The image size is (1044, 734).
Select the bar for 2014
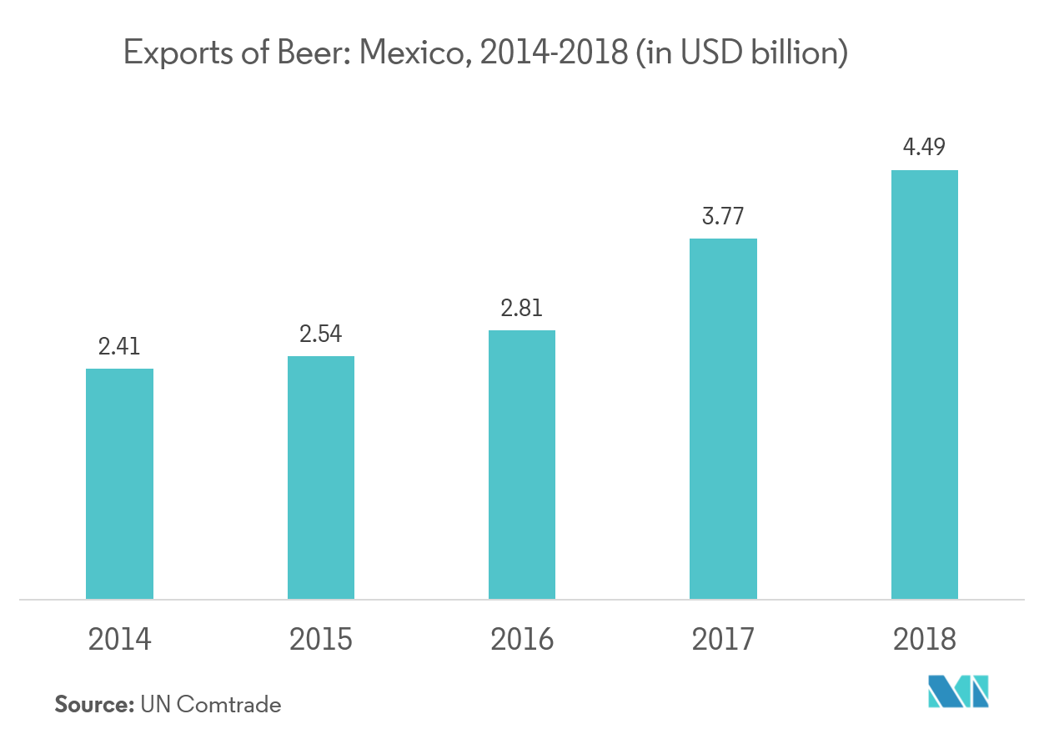click(119, 484)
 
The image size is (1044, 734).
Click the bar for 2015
click(321, 477)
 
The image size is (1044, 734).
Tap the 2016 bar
click(522, 465)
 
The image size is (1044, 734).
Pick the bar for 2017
click(723, 419)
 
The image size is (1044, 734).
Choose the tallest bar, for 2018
click(925, 385)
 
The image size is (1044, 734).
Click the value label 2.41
click(119, 346)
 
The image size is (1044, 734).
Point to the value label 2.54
click(321, 334)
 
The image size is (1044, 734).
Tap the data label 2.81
click(522, 308)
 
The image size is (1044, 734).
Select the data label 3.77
click(723, 217)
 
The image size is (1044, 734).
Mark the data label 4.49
click(925, 148)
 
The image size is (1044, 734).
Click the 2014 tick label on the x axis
click(119, 640)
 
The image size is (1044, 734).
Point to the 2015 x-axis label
click(321, 640)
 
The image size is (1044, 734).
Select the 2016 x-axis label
click(522, 640)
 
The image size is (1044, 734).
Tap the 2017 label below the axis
click(723, 640)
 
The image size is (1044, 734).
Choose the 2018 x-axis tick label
click(925, 640)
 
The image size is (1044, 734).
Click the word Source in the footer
click(93, 705)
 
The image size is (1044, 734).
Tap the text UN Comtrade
click(211, 705)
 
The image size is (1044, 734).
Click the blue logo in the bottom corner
click(959, 691)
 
